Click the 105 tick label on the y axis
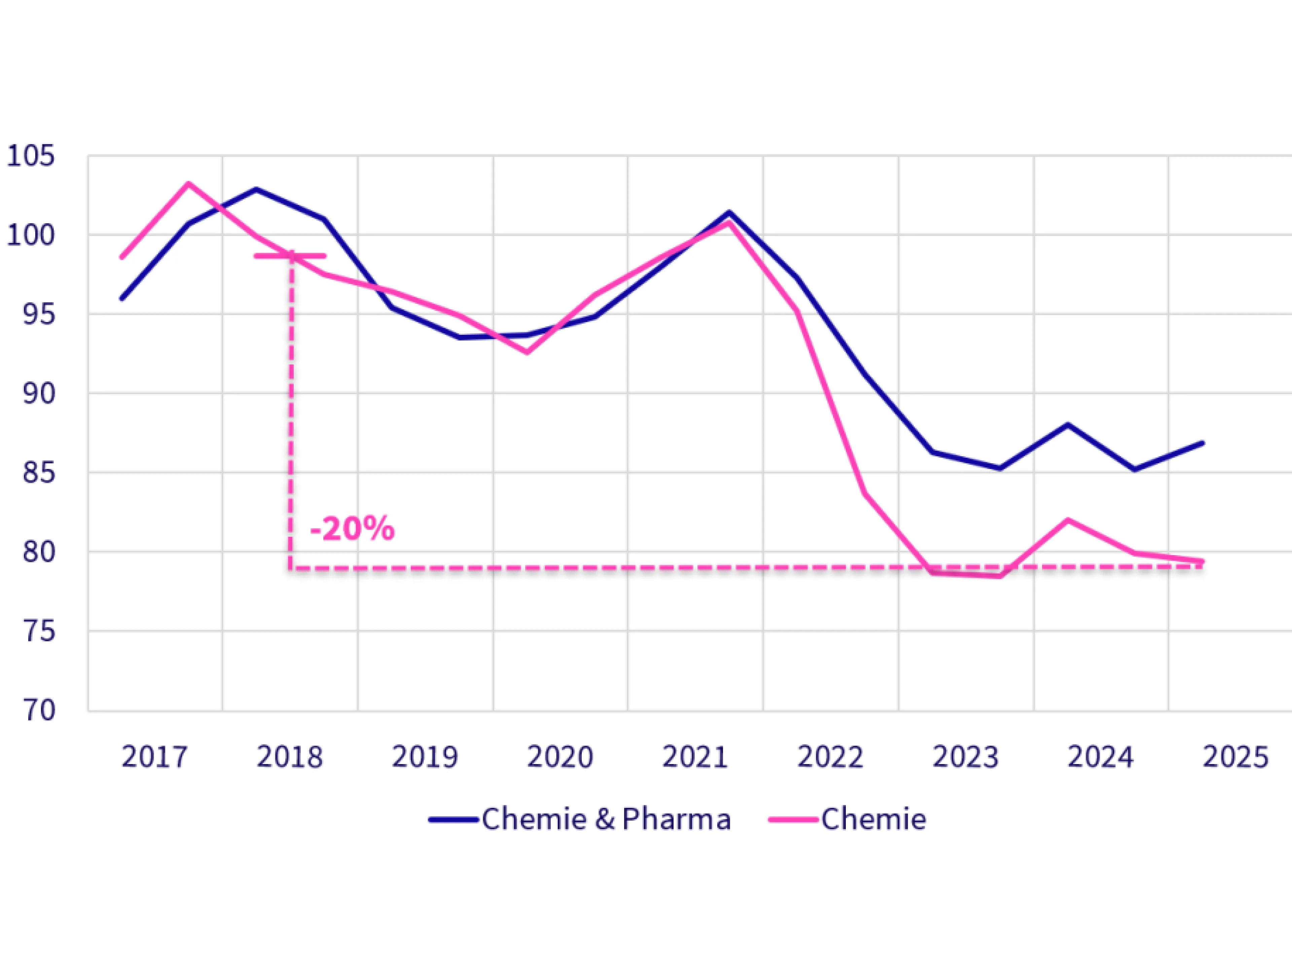point(30,156)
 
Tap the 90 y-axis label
point(39,394)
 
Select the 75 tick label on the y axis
point(39,632)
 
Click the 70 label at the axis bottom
point(39,710)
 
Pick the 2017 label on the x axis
point(155,757)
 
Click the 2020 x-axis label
point(560,757)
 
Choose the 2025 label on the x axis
point(1236,757)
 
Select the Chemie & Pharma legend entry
point(580,820)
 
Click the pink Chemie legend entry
point(848,820)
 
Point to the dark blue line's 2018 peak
point(256,189)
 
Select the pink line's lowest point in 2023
point(1000,576)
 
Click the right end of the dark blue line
point(1203,443)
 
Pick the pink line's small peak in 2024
point(1068,520)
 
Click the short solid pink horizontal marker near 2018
point(290,256)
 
